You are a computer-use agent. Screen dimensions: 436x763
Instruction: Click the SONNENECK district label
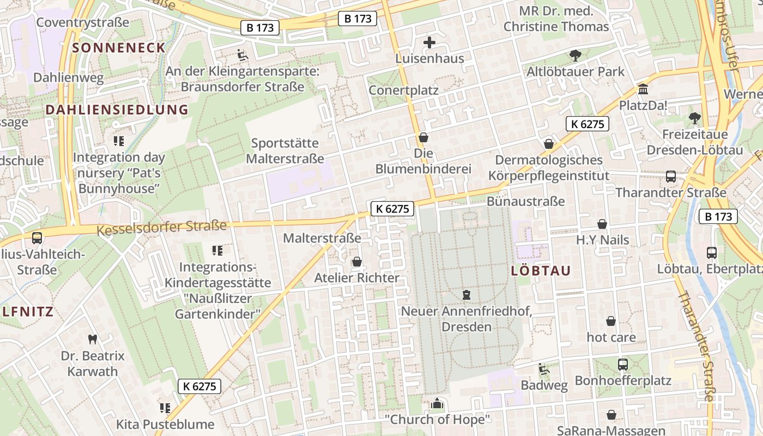click(x=118, y=47)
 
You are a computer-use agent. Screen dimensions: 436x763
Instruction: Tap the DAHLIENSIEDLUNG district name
click(x=117, y=110)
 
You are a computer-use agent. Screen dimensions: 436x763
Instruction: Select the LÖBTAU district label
click(x=541, y=271)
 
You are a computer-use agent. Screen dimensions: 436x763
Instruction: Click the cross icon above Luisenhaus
click(x=429, y=42)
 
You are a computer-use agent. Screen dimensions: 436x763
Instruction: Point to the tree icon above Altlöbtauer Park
click(x=575, y=55)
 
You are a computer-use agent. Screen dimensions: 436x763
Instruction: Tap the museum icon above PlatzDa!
click(x=643, y=89)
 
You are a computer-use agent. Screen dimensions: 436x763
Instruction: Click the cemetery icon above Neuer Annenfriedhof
click(x=467, y=295)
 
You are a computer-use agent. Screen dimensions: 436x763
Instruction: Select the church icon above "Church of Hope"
click(x=437, y=404)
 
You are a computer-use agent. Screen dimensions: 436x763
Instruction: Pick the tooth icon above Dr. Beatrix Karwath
click(x=92, y=339)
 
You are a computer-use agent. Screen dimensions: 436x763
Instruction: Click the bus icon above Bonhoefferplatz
click(x=623, y=364)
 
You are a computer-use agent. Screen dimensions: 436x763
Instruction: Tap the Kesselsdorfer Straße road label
click(x=161, y=228)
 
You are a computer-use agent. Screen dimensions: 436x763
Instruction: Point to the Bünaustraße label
click(x=525, y=201)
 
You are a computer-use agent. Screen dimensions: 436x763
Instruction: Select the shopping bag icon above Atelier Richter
click(x=357, y=262)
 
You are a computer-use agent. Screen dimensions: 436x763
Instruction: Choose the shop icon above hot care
click(x=611, y=321)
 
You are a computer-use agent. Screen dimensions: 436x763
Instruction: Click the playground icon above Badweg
click(x=543, y=369)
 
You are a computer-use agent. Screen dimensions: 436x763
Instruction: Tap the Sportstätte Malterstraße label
click(x=285, y=151)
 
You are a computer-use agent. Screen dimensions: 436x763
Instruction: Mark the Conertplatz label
click(x=403, y=90)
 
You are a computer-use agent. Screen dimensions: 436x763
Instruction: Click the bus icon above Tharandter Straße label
click(x=671, y=177)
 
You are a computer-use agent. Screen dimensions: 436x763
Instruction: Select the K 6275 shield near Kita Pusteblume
click(x=200, y=386)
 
